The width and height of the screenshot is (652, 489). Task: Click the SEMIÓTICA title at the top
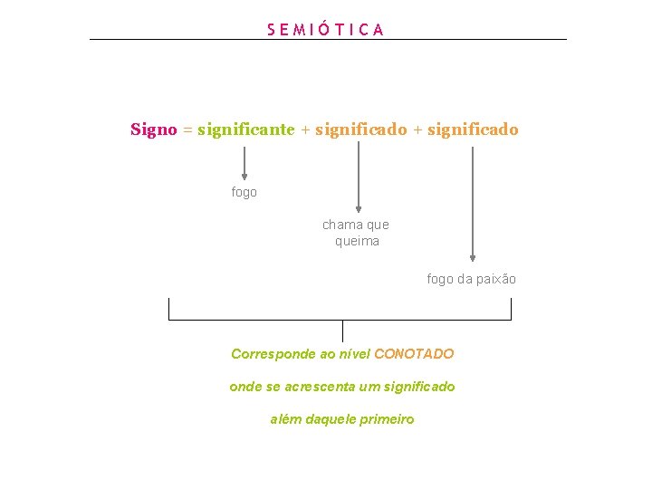click(326, 29)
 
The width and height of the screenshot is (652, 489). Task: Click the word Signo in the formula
click(153, 129)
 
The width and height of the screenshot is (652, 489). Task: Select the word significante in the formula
click(245, 129)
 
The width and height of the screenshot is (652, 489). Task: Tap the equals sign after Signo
click(187, 130)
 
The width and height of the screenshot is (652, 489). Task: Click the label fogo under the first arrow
click(244, 192)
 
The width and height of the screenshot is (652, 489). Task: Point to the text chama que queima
click(356, 233)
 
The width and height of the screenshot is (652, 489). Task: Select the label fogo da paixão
click(471, 279)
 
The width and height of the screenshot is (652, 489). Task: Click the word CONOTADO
click(414, 354)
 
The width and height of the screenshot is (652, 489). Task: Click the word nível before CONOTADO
click(353, 354)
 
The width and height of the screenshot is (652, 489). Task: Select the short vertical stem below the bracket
click(342, 331)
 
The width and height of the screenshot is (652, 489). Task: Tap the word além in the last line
click(286, 419)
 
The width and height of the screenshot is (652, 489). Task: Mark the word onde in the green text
click(244, 387)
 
